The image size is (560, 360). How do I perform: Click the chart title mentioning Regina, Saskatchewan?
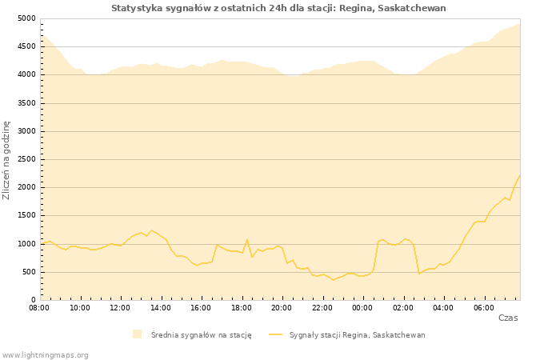278,8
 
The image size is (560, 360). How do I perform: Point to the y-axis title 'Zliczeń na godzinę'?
7,160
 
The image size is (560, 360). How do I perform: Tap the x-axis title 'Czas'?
507,318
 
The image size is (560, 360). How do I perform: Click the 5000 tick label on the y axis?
26,18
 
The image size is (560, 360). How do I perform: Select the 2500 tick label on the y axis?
26,159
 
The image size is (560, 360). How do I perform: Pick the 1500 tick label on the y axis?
26,216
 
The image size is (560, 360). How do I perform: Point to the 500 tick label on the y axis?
29,272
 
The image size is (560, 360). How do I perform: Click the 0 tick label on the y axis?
34,300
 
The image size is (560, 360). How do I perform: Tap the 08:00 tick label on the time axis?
39,307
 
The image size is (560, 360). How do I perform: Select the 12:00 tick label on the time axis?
120,307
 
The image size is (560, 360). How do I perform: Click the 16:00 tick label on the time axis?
201,307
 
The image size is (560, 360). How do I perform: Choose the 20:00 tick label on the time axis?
282,307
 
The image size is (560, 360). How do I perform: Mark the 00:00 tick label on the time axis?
362,307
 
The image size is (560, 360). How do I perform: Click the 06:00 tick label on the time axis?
483,307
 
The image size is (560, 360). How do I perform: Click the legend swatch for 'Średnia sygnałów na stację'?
138,334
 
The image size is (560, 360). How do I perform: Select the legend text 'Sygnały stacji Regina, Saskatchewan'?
357,335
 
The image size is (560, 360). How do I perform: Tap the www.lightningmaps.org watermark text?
46,355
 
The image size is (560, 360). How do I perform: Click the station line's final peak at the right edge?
519,175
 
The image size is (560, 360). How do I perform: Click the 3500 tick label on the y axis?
26,103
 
